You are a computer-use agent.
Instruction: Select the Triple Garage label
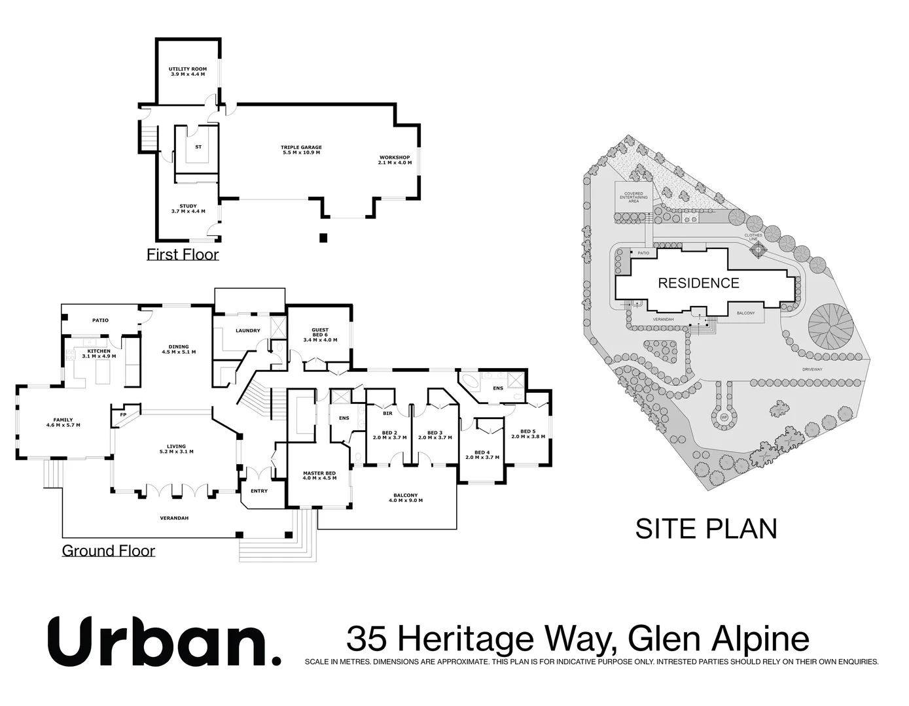click(x=301, y=150)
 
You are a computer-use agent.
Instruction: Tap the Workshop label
click(x=395, y=160)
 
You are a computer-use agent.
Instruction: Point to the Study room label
click(x=188, y=209)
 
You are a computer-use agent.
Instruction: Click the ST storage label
click(x=198, y=147)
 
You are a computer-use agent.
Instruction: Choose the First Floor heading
click(x=183, y=254)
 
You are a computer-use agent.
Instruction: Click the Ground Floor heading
click(x=109, y=551)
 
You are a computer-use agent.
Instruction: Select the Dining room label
click(x=179, y=349)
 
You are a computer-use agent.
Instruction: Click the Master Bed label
click(x=319, y=475)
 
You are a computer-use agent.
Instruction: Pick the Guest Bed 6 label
click(x=320, y=335)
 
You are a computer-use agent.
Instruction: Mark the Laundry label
click(x=248, y=331)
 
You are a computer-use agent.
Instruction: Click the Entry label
click(x=258, y=491)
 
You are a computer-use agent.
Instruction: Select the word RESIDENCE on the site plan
click(x=698, y=283)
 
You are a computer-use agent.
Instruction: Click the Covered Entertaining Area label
click(x=633, y=197)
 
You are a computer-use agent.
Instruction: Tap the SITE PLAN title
click(x=706, y=528)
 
